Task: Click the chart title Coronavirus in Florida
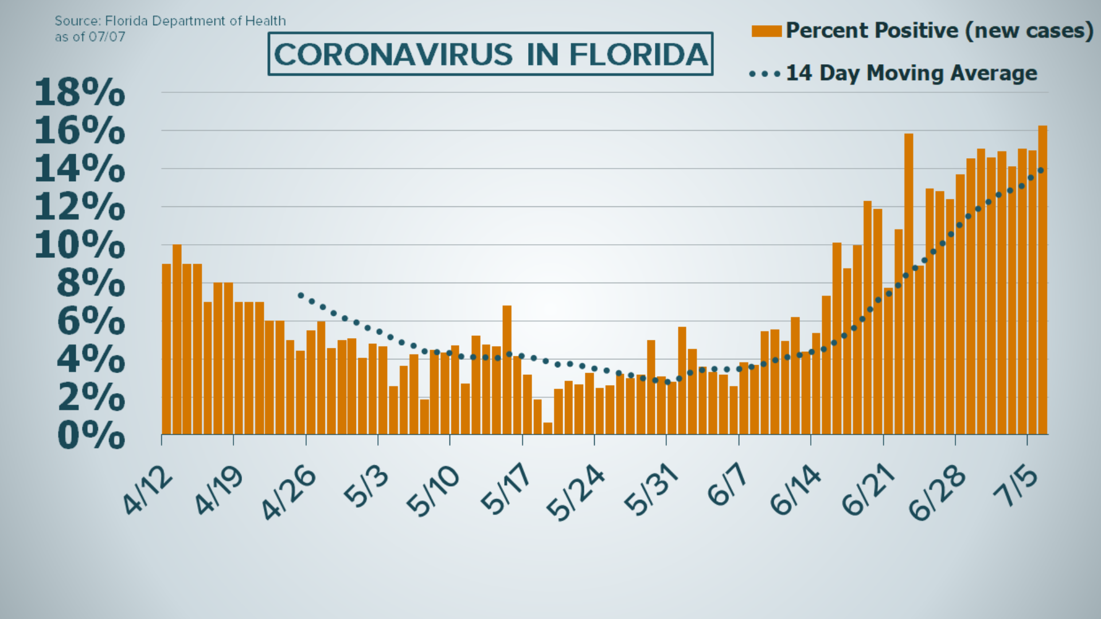[x=490, y=54]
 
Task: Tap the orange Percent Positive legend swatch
[x=767, y=31]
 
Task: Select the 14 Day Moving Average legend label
[x=911, y=73]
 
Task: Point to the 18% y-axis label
[x=79, y=93]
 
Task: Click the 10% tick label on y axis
[x=79, y=245]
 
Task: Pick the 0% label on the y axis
[x=91, y=436]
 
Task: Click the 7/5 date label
[x=1019, y=487]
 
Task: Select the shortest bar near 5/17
[x=548, y=428]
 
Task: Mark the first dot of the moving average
[x=300, y=295]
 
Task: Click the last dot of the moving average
[x=1041, y=170]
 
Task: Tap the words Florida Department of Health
[x=195, y=21]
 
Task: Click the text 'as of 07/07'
[x=89, y=37]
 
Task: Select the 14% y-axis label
[x=79, y=169]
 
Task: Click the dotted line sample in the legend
[x=764, y=74]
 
